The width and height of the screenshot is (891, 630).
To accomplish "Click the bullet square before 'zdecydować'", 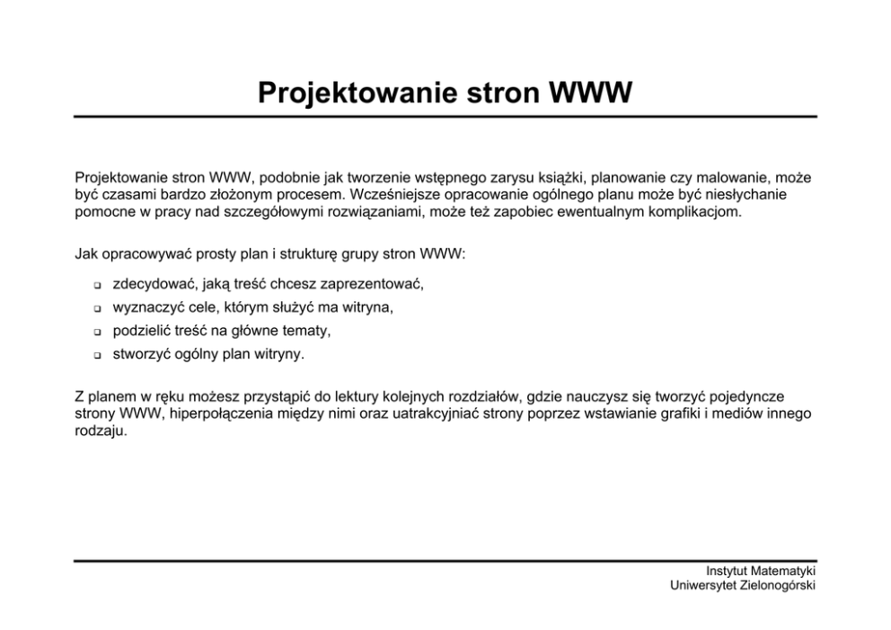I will (x=95, y=286).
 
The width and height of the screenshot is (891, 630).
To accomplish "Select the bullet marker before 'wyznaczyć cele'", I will (x=95, y=309).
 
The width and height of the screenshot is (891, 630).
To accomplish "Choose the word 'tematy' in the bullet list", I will (x=307, y=331).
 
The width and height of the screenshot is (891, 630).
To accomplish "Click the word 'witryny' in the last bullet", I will (x=278, y=354).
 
